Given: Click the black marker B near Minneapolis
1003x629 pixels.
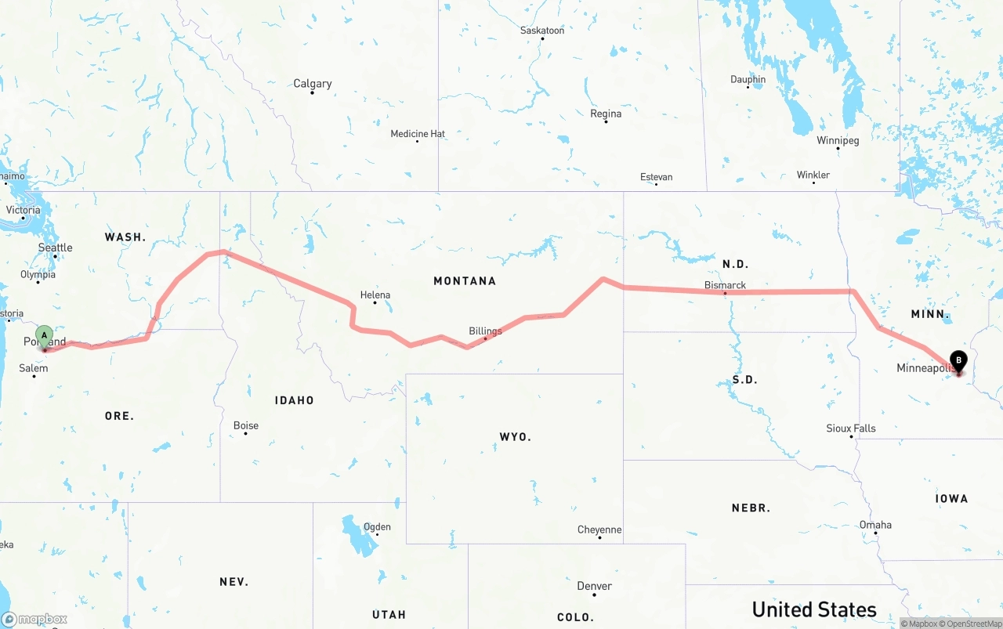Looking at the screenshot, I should tap(958, 361).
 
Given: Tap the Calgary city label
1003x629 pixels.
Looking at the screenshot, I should tap(312, 84).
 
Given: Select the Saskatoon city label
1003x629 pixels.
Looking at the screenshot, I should tap(542, 31).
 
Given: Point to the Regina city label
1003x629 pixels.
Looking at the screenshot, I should tap(606, 114).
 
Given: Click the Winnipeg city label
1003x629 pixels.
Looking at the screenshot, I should tap(838, 141).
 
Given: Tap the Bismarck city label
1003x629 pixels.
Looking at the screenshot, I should tap(725, 285).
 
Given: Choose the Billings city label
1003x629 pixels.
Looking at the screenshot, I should tap(485, 331).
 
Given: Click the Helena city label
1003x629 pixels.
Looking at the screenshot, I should tap(375, 295).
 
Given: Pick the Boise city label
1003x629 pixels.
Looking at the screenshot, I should tap(246, 426).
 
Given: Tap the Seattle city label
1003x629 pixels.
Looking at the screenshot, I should tap(56, 248).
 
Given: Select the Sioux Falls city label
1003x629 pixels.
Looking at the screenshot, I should tap(851, 428).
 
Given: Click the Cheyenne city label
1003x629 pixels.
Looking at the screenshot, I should tap(599, 530).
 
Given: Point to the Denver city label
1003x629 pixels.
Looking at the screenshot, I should tap(594, 586).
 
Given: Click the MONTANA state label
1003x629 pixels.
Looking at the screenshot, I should tap(465, 280).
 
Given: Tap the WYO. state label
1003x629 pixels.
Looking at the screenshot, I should tap(515, 436).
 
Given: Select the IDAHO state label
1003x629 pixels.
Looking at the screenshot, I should tap(294, 400).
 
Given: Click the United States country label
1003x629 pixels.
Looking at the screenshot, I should tap(814, 609).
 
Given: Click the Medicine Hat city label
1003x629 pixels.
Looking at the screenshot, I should tap(418, 134).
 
